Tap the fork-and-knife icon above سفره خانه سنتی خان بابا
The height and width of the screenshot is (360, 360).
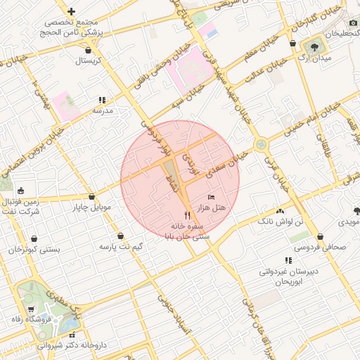click(x=186, y=215)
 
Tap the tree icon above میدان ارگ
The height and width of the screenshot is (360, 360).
click(x=314, y=47)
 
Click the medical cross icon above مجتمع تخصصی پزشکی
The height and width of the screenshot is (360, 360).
click(x=71, y=11)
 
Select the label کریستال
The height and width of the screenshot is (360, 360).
click(x=89, y=60)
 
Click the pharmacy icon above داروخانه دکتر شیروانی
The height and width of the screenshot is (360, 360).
click(x=72, y=335)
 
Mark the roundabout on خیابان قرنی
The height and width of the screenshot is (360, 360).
click(x=262, y=144)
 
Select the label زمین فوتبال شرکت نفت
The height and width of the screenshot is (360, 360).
click(x=25, y=205)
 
